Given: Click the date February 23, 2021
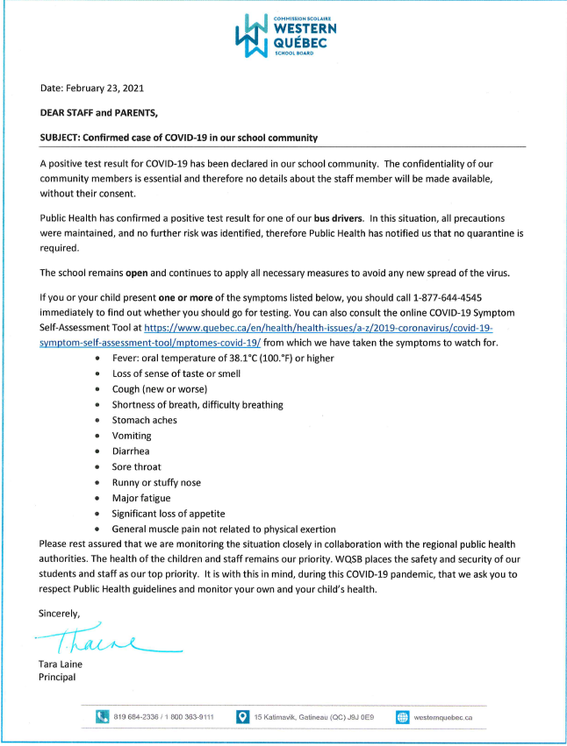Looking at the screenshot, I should click(x=92, y=89).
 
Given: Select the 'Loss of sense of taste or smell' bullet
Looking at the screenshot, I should click(x=176, y=373).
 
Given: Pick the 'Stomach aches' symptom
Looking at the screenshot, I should click(x=144, y=420).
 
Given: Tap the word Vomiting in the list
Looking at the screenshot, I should click(x=132, y=436).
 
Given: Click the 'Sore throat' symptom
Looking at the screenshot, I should click(x=136, y=466).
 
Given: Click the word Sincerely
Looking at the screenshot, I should click(x=60, y=613).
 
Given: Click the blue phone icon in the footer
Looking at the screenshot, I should click(x=102, y=717).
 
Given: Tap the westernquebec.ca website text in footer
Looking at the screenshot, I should click(x=443, y=718).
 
